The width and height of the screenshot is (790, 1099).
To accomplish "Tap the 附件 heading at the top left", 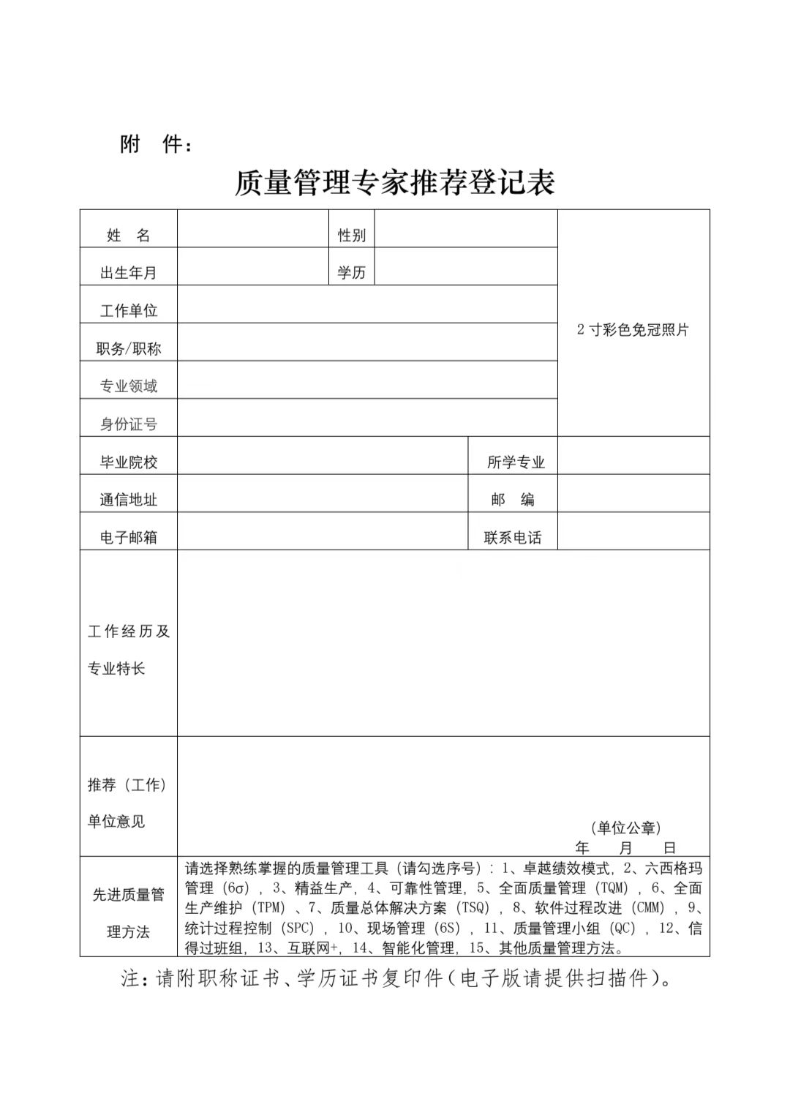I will coord(157,145).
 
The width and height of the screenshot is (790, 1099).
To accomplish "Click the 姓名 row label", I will coord(129,235).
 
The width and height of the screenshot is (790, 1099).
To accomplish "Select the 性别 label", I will coord(351,235).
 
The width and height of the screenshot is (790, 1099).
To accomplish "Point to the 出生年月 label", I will coord(129,273).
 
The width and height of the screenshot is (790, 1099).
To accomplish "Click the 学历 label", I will coord(351,273).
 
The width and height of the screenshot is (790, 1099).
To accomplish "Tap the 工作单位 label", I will coord(129,311).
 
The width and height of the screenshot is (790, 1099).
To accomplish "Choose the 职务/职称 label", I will coord(129,349).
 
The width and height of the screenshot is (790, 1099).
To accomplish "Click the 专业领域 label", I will coord(129,386).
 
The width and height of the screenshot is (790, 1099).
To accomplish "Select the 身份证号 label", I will coord(129,424).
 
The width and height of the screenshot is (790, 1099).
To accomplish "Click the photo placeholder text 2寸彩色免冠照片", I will coord(633,329).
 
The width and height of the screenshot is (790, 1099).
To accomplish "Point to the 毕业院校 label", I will coord(129,462).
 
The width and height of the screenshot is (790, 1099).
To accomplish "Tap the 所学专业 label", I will coord(516,462).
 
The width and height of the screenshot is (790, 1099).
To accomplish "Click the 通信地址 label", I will coord(129,500).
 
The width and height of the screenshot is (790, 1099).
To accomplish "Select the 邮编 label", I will coord(513,500).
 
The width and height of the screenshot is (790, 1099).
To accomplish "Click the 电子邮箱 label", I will coord(129,538).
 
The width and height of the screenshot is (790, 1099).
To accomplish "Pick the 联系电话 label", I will coord(513,538).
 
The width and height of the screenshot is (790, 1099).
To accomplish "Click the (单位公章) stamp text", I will coord(625,828).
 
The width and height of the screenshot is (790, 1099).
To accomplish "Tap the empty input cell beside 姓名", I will coord(252,229).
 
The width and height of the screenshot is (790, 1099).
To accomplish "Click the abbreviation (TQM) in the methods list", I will coord(609,888).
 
